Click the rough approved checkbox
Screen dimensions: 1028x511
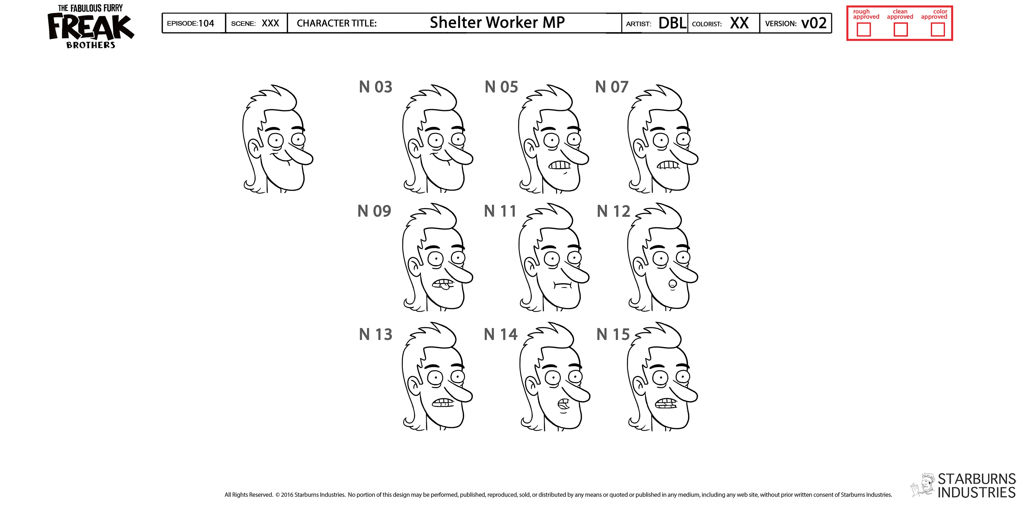point(864,29)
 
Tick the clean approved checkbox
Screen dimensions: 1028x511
point(900,29)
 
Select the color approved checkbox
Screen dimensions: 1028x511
point(938,29)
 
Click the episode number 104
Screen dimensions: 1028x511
point(206,23)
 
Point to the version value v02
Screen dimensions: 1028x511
point(814,23)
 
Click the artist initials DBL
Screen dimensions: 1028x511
point(672,23)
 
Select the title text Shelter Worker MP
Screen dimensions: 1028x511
point(497,22)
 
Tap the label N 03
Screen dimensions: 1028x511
point(376,87)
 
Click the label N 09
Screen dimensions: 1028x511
point(374,211)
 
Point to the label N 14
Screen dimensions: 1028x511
point(500,334)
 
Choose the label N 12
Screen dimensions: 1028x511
point(613,211)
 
